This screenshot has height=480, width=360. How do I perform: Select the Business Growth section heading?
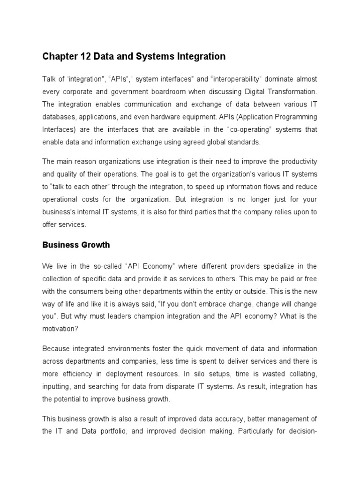[76, 244]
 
